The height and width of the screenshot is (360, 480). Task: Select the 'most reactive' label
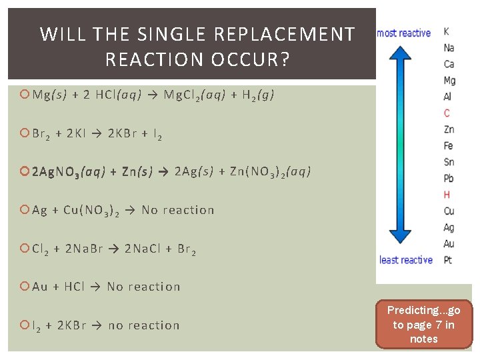point(404,33)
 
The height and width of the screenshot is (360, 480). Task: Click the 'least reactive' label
point(406,260)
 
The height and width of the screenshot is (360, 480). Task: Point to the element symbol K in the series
point(446,31)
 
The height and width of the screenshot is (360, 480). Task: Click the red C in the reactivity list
point(447,113)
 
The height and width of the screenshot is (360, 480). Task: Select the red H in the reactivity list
point(447,195)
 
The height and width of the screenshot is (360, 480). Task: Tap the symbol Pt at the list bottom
point(448,260)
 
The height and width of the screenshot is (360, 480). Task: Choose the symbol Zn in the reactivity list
point(449,129)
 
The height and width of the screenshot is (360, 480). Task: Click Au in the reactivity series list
point(449,244)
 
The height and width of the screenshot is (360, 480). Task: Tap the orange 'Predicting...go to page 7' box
point(423,325)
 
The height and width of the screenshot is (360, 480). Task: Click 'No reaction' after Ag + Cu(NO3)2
point(178,210)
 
